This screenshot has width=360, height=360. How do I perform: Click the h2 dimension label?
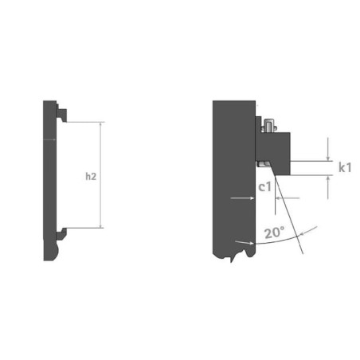(91, 176)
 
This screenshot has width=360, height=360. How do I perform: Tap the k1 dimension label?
(345, 167)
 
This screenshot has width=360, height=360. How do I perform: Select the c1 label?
(265, 187)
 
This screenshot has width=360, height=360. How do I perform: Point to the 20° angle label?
(275, 233)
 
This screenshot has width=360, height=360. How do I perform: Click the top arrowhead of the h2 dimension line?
(100, 124)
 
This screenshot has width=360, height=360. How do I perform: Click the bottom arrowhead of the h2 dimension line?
(100, 226)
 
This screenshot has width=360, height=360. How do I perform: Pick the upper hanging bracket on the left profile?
(61, 113)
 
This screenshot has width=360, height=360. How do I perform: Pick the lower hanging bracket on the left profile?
(61, 234)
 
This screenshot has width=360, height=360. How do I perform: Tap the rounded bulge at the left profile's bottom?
(58, 251)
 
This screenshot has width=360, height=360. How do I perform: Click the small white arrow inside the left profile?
(49, 139)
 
